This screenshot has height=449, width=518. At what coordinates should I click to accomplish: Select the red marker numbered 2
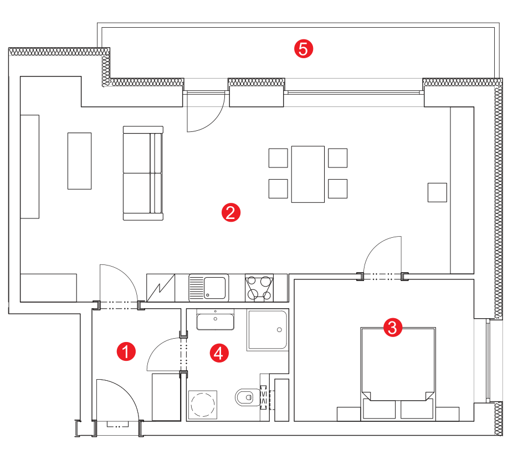231,212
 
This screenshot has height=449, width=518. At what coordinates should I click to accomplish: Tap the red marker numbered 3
393,328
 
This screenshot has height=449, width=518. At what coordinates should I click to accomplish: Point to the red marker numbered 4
219,353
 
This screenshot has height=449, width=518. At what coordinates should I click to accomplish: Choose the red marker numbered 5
304,49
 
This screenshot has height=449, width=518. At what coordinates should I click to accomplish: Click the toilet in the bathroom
248,397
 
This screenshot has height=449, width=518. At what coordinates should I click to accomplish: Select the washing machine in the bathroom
203,405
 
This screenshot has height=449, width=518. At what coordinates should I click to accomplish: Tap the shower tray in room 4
268,330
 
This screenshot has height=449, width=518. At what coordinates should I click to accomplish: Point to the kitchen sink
209,288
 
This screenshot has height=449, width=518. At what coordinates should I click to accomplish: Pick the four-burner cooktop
259,288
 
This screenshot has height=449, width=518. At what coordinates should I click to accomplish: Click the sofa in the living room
143,173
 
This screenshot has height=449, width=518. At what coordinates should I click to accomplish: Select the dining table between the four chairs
308,174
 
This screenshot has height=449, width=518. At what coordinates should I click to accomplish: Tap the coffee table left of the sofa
80,161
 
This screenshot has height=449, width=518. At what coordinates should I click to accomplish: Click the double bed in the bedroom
398,374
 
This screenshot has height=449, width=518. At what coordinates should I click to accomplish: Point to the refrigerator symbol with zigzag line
161,288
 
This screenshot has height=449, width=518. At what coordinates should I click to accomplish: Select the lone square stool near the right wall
438,192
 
